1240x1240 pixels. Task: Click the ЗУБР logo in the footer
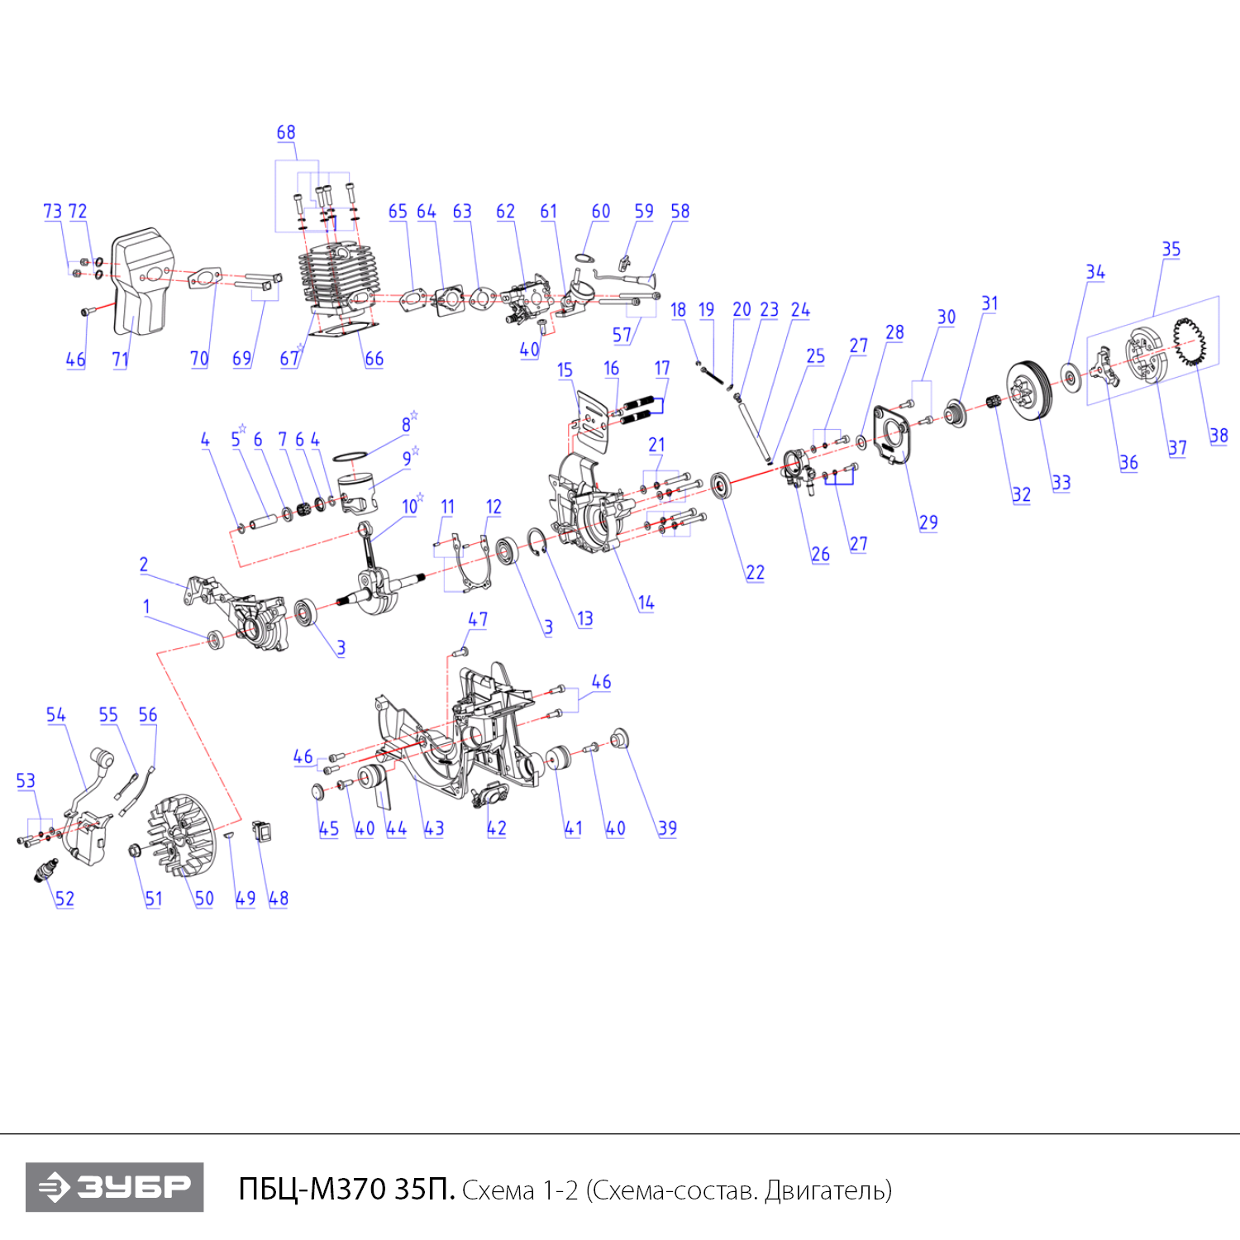[x=114, y=1187]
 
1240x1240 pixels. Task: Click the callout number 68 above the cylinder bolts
[x=286, y=132]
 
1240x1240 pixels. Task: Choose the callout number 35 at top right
[x=1171, y=250]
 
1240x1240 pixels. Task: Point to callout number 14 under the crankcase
[x=646, y=603]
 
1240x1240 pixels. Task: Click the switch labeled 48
[x=262, y=830]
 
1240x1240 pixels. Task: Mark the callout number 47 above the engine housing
[x=478, y=619]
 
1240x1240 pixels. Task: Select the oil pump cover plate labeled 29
[x=893, y=435]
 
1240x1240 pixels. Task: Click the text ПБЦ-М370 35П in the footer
[x=346, y=1189]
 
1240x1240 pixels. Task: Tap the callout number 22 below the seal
[x=755, y=572]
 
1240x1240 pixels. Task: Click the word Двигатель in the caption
[x=827, y=1190]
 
